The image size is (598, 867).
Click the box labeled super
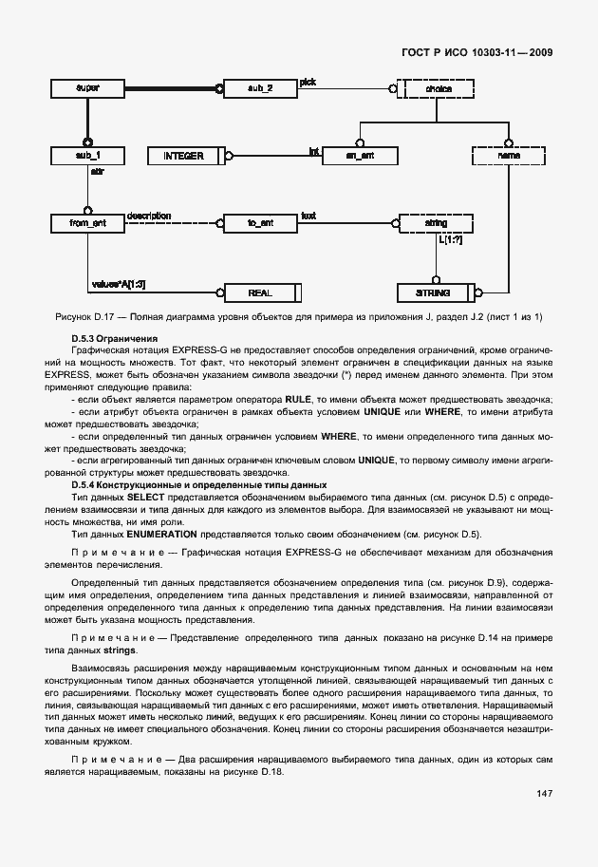[87, 88]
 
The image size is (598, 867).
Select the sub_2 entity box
[261, 88]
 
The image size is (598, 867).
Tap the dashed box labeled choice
[437, 88]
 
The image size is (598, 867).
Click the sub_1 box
[87, 154]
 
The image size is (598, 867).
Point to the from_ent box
[87, 223]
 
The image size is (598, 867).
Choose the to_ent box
[261, 223]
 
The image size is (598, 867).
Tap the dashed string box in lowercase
[437, 223]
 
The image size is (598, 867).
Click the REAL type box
[261, 292]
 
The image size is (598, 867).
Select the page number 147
[544, 793]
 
